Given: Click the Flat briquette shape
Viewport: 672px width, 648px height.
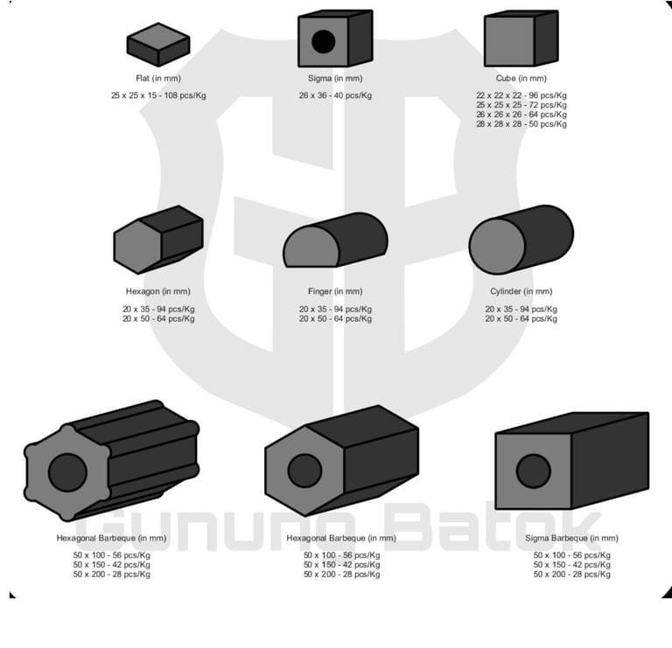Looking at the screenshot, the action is (x=158, y=44).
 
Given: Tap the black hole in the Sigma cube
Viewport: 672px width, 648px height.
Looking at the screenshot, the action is (x=323, y=41).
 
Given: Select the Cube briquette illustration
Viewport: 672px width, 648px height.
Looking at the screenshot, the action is (x=520, y=39).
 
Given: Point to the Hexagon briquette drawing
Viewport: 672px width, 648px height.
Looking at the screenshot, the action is (x=158, y=239).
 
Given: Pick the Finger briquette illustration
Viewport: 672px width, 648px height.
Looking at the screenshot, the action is (x=334, y=240).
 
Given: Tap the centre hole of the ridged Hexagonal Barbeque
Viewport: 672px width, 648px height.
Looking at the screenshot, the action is (x=67, y=473).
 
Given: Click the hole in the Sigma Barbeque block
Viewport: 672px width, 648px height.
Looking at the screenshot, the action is (x=533, y=471).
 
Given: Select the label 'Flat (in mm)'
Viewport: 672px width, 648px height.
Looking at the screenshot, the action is (x=157, y=79).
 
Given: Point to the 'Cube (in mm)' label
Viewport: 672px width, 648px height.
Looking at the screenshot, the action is (x=521, y=79).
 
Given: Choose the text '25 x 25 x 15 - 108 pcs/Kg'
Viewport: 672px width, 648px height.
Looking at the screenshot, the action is (x=158, y=94).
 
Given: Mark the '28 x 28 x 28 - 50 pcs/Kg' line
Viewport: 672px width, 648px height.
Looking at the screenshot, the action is (x=521, y=124).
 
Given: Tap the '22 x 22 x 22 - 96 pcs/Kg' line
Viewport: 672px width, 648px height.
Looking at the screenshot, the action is (x=521, y=94).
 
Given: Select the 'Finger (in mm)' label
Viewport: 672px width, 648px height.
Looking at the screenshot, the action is (x=335, y=291).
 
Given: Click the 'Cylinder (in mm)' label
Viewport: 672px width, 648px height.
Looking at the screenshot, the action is (x=521, y=291).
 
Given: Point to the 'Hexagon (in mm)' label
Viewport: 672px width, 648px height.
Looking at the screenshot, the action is (x=158, y=291).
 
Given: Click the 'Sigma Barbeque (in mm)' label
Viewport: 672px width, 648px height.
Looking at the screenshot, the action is (x=571, y=539).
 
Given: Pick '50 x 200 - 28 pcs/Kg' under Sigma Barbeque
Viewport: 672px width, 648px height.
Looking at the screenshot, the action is (x=572, y=575).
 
